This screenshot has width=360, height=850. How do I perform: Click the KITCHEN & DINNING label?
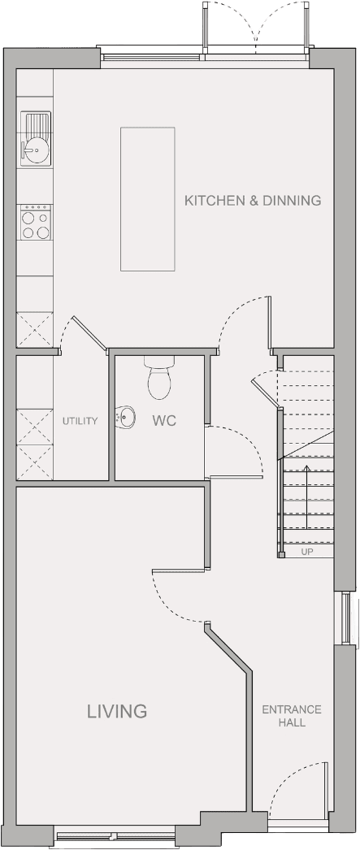[253, 201]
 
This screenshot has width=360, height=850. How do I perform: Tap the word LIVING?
[117, 711]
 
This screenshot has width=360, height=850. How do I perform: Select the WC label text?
[163, 421]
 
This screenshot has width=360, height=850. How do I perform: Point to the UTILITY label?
[80, 421]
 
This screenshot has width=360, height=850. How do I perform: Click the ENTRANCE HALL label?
[292, 716]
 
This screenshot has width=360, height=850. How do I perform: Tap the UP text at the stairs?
[307, 553]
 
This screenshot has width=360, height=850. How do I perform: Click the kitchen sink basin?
[35, 138]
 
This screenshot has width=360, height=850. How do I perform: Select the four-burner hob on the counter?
[35, 223]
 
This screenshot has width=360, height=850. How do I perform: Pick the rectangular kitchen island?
[147, 199]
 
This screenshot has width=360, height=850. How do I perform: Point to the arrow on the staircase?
[307, 497]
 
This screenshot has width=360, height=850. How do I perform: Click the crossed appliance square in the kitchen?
[35, 330]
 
